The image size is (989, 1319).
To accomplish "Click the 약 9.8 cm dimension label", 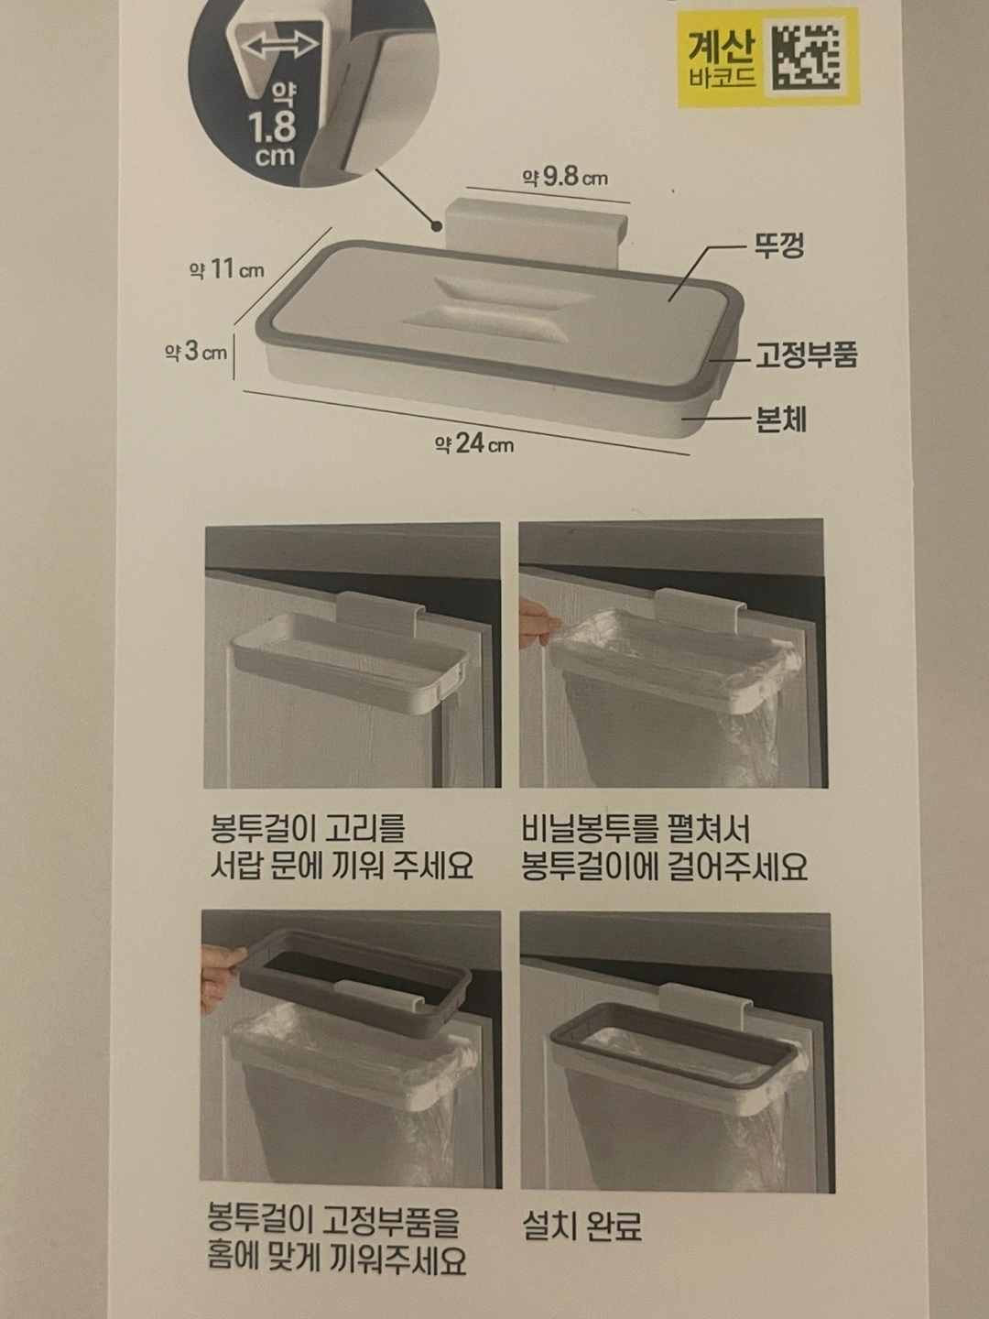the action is click(x=564, y=178).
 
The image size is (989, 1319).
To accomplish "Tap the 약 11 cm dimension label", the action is click(x=227, y=269).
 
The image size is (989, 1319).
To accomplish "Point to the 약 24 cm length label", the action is click(x=473, y=444).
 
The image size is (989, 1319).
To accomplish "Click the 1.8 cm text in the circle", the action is click(x=273, y=137).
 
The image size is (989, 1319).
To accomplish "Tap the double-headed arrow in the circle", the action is click(x=280, y=46).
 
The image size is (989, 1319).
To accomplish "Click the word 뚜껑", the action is click(x=778, y=245).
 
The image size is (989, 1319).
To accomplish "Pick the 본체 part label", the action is click(x=780, y=420).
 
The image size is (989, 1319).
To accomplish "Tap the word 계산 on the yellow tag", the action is click(x=721, y=48).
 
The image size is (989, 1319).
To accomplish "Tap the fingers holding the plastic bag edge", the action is click(x=537, y=625).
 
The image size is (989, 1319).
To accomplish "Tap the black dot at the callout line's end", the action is click(x=437, y=226).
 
